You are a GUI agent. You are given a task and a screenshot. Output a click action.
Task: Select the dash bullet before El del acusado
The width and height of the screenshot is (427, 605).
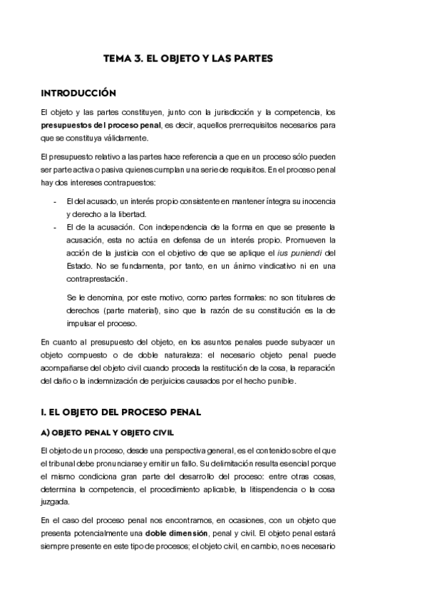tap(55, 202)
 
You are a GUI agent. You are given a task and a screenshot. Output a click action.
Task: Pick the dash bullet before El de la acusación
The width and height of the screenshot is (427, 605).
tap(55, 228)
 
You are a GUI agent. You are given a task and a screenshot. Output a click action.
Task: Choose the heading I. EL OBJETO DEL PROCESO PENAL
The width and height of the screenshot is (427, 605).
tap(121, 412)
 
